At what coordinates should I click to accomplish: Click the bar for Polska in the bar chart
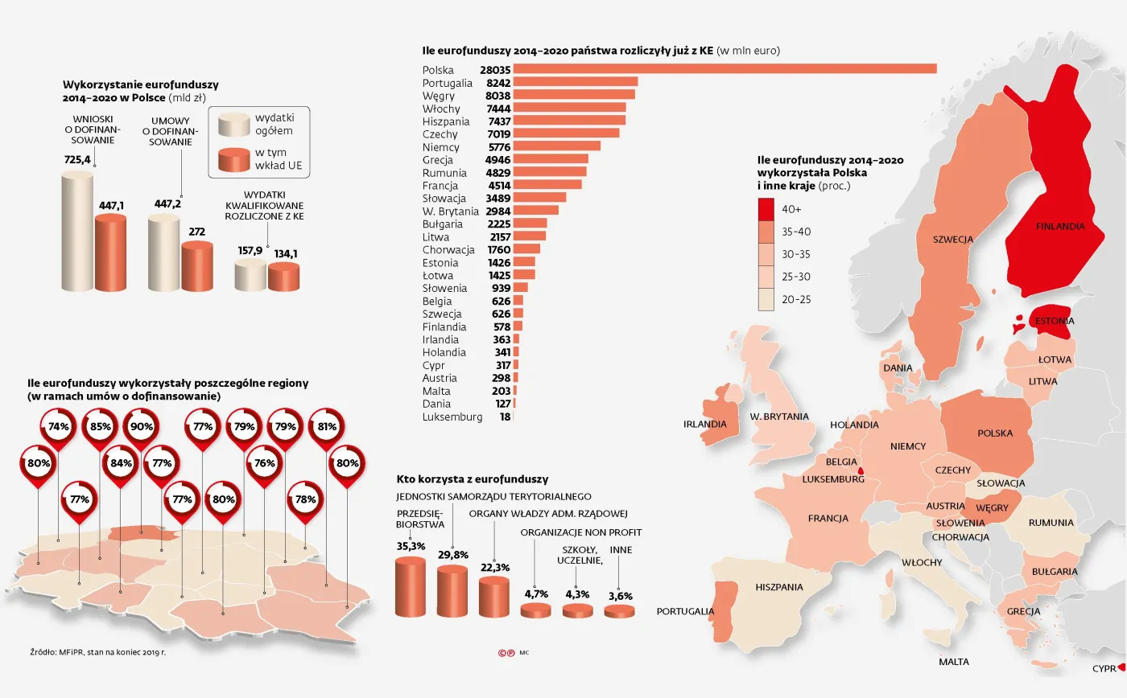724,69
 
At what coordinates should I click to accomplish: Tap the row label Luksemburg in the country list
452,417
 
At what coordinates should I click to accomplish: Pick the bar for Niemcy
556,146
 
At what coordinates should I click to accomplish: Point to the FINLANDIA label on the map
1059,227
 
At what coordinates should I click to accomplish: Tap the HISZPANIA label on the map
778,587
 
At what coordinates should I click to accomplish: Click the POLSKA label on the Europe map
995,433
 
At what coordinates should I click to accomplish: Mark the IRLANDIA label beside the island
705,425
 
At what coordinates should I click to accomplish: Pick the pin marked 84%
121,464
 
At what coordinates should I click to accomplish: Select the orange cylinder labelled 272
197,265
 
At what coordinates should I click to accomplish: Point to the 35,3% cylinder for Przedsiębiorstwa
410,587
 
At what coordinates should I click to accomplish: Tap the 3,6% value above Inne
620,596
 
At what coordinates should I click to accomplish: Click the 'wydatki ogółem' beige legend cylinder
236,125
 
